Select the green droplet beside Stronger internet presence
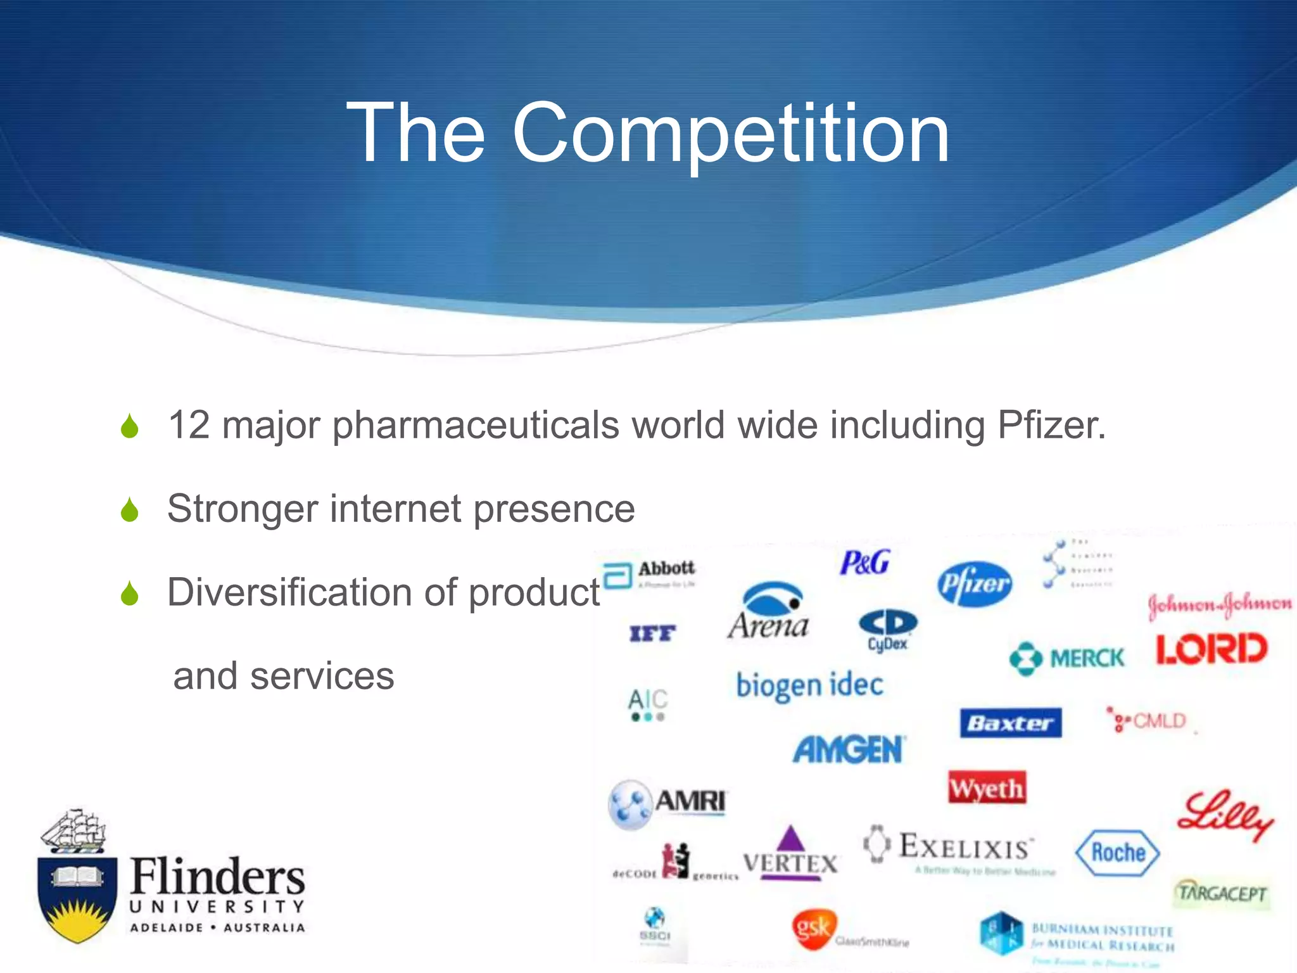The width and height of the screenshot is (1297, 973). pyautogui.click(x=130, y=509)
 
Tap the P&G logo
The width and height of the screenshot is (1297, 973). pyautogui.click(x=864, y=563)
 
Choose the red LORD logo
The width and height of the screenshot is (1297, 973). pyautogui.click(x=1212, y=649)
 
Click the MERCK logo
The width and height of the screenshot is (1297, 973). pyautogui.click(x=1067, y=659)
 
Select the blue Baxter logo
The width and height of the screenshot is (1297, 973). pyautogui.click(x=1011, y=723)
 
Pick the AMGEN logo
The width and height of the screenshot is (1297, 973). pyautogui.click(x=849, y=750)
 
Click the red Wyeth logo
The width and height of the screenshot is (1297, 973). pyautogui.click(x=987, y=788)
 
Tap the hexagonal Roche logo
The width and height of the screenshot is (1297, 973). pyautogui.click(x=1118, y=853)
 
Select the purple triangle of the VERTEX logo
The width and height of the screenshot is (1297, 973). pyautogui.click(x=790, y=839)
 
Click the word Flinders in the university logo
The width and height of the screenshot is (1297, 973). pyautogui.click(x=217, y=877)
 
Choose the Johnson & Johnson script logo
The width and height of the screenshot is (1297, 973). pyautogui.click(x=1220, y=604)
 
